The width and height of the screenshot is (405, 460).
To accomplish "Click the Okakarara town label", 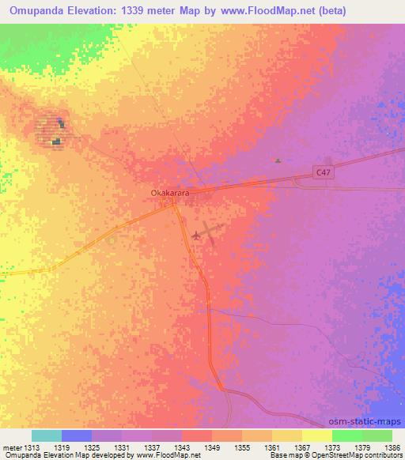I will coord(170,192).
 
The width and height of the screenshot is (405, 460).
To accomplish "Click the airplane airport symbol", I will coord(197,235).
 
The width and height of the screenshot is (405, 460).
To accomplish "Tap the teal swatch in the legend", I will coord(47,435).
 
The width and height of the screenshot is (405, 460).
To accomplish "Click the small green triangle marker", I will coord(278,160).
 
